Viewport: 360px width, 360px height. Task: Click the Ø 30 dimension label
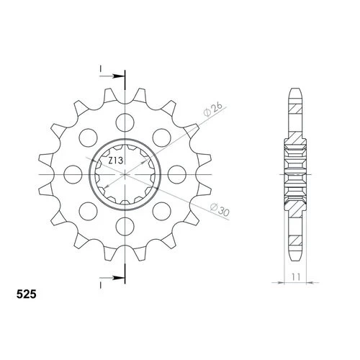(220, 210)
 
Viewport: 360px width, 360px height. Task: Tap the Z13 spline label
(116, 161)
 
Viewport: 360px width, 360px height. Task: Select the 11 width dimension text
(296, 277)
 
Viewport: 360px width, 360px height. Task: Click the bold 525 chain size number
(27, 294)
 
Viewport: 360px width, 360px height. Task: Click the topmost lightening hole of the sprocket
(125, 123)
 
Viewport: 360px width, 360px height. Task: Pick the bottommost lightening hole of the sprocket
(125, 226)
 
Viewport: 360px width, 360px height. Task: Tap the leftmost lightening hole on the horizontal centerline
(73, 174)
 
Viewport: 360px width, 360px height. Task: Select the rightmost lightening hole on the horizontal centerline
(177, 174)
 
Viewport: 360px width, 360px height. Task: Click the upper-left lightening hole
(89, 138)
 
